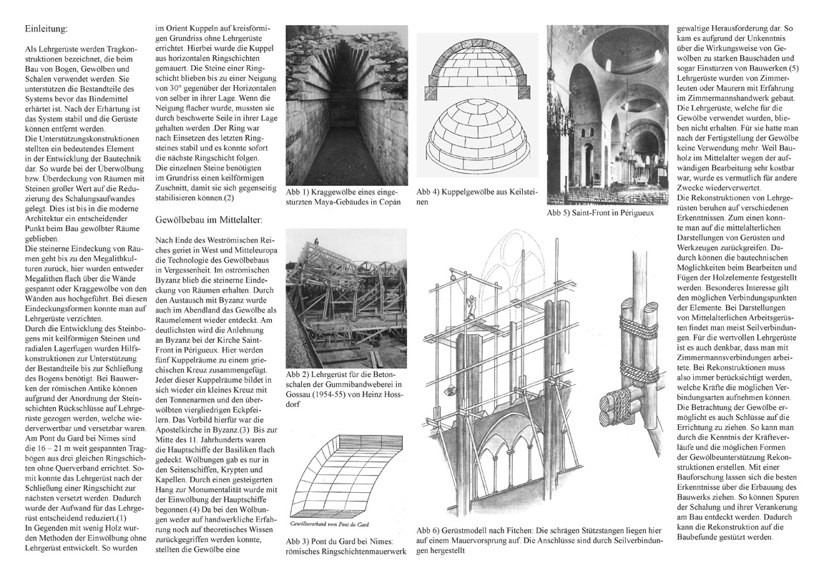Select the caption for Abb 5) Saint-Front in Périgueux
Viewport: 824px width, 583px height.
(x=600, y=212)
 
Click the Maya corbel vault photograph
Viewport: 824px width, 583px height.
(x=342, y=105)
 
